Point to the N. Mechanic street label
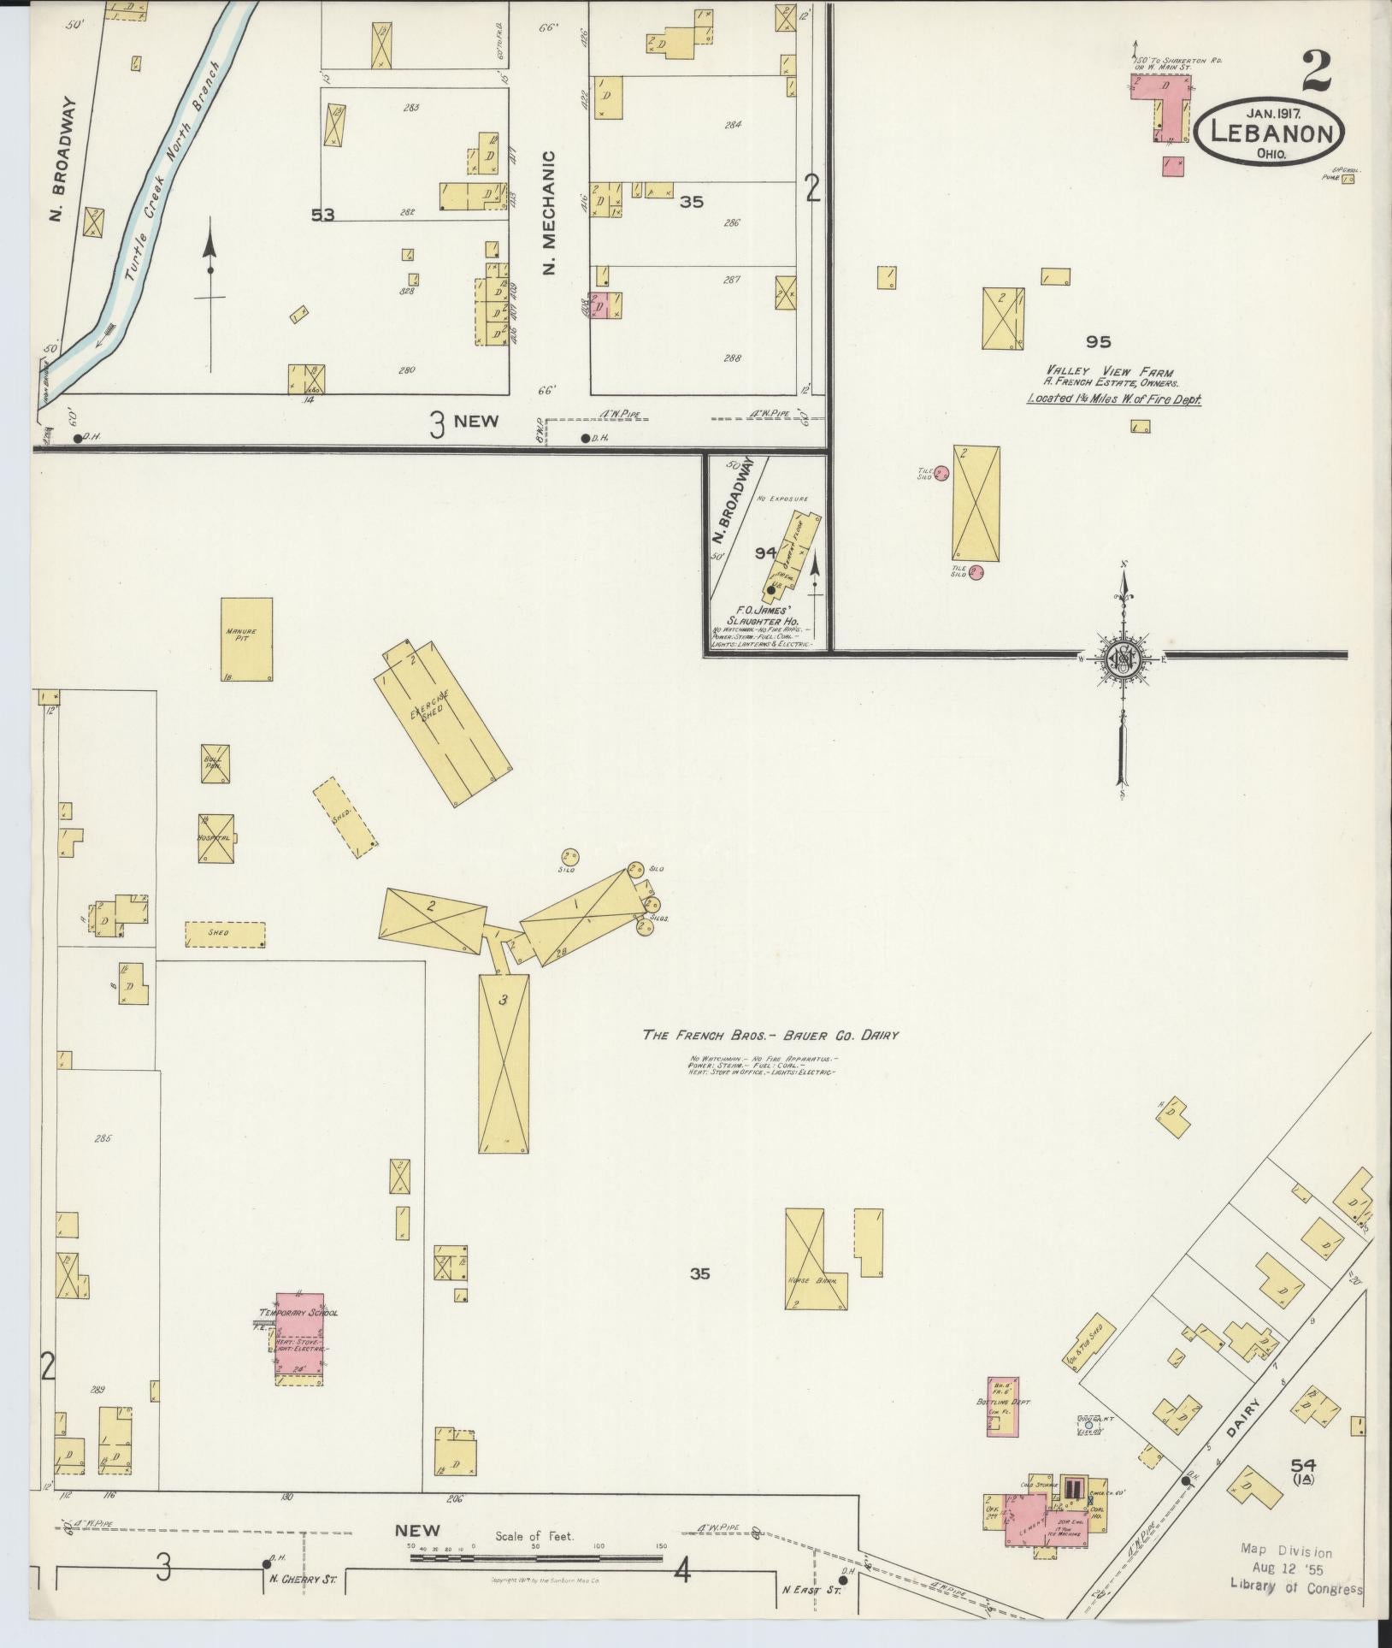point(549,213)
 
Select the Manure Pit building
point(246,638)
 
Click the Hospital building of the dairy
point(216,838)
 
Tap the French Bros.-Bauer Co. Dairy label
point(770,1035)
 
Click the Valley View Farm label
point(1109,371)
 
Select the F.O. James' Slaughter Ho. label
point(758,619)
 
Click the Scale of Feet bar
point(535,1558)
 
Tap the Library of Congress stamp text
point(1296,1588)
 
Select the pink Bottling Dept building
point(1002,1407)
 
